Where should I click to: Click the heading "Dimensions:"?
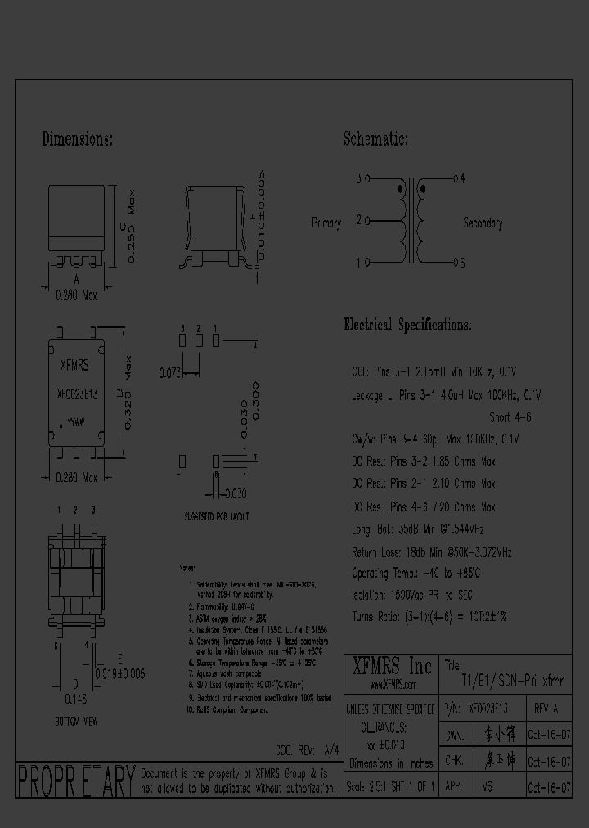(x=77, y=140)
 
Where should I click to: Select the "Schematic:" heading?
(x=375, y=139)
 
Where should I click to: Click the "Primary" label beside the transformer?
(x=326, y=223)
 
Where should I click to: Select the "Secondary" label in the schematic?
(x=483, y=223)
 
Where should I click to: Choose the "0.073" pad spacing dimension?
(x=167, y=373)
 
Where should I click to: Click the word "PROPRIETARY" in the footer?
(x=75, y=781)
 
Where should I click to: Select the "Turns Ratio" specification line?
(x=429, y=616)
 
